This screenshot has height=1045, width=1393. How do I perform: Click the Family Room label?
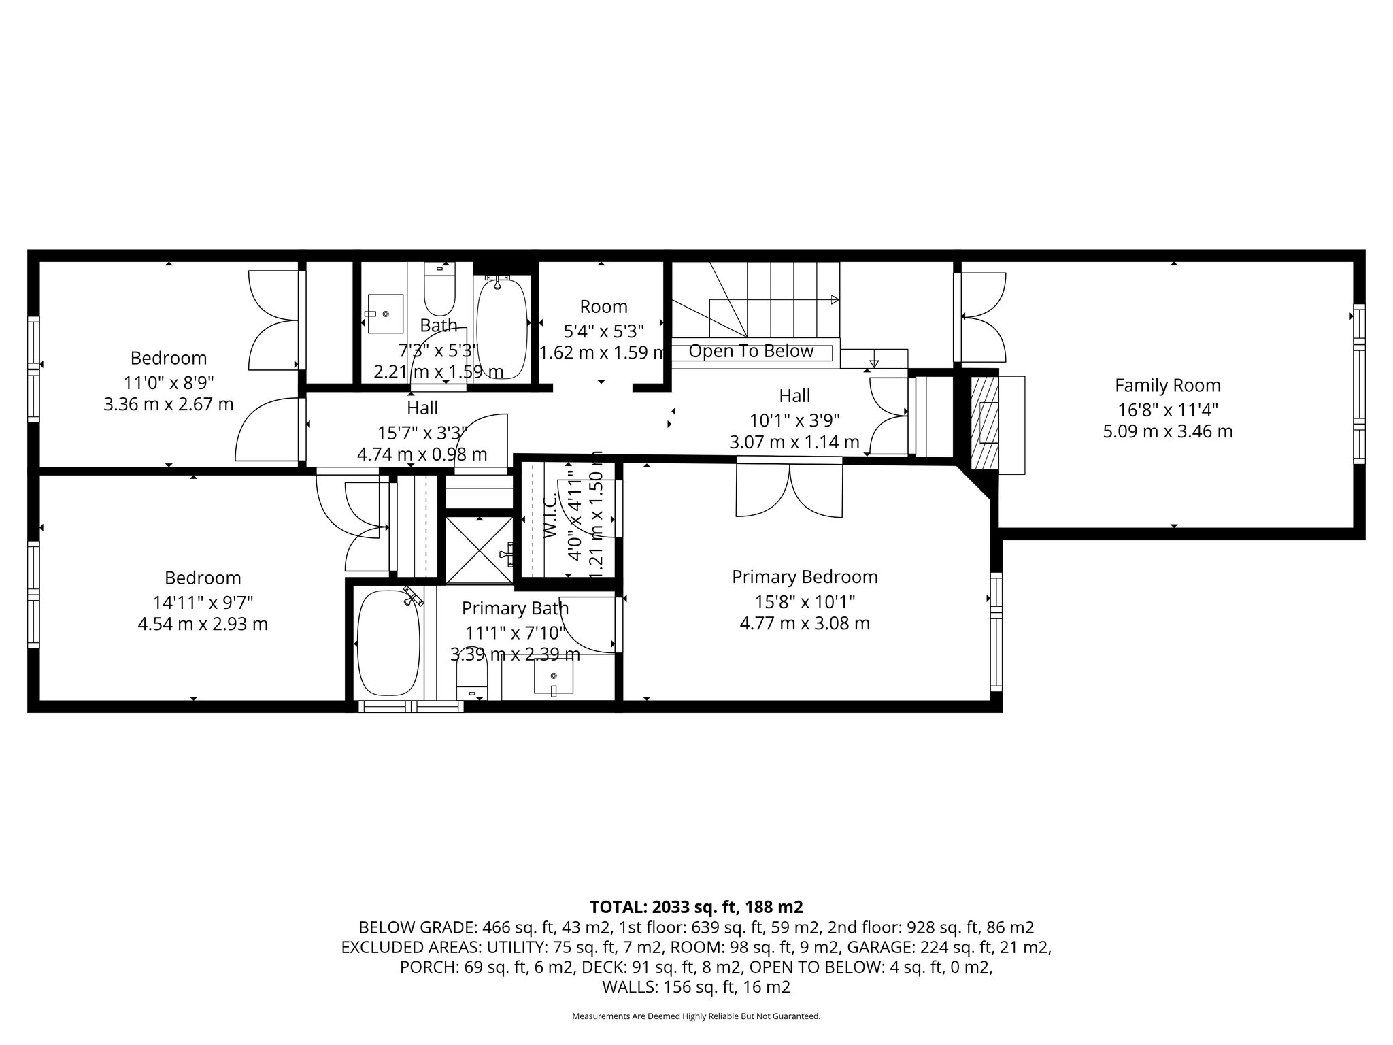coord(1167,386)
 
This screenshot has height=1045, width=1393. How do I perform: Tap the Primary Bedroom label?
coord(805,577)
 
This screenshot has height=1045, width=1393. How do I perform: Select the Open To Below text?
coord(751,351)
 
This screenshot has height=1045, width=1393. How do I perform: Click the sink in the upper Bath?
coord(385,314)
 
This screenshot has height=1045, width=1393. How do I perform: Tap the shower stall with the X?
coord(480,550)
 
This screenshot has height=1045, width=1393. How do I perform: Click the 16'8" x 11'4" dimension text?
coord(1167,410)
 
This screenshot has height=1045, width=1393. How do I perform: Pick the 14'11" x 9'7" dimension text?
coord(203,602)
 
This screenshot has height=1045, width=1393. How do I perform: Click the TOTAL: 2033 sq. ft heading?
coord(696,907)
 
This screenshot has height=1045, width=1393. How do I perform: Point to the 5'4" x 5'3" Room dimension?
coord(603,331)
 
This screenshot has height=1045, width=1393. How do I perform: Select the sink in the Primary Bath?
coord(553,677)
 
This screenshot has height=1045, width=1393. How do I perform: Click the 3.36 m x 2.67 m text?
coord(168,405)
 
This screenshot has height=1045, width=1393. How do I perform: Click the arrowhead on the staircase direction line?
coord(835,300)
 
